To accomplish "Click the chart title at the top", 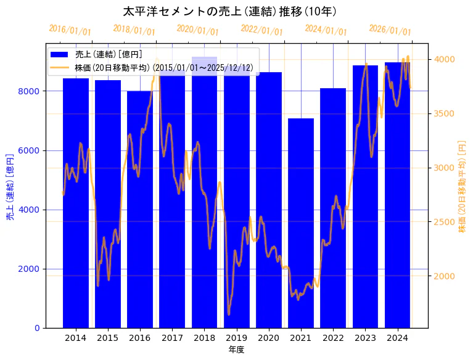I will [x=229, y=12].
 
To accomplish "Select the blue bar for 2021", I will [x=301, y=222].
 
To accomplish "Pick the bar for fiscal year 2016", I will [x=140, y=210].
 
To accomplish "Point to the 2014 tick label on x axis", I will [x=76, y=338].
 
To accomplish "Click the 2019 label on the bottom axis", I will [x=237, y=338].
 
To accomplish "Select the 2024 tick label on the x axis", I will [x=398, y=338].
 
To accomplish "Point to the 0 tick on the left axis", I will [x=37, y=328].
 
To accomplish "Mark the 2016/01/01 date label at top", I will [x=70, y=30].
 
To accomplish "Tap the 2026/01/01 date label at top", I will [x=390, y=30].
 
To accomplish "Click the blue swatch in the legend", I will [x=60, y=54].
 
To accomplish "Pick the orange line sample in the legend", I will [x=60, y=67].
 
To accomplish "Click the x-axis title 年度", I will [x=236, y=350].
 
